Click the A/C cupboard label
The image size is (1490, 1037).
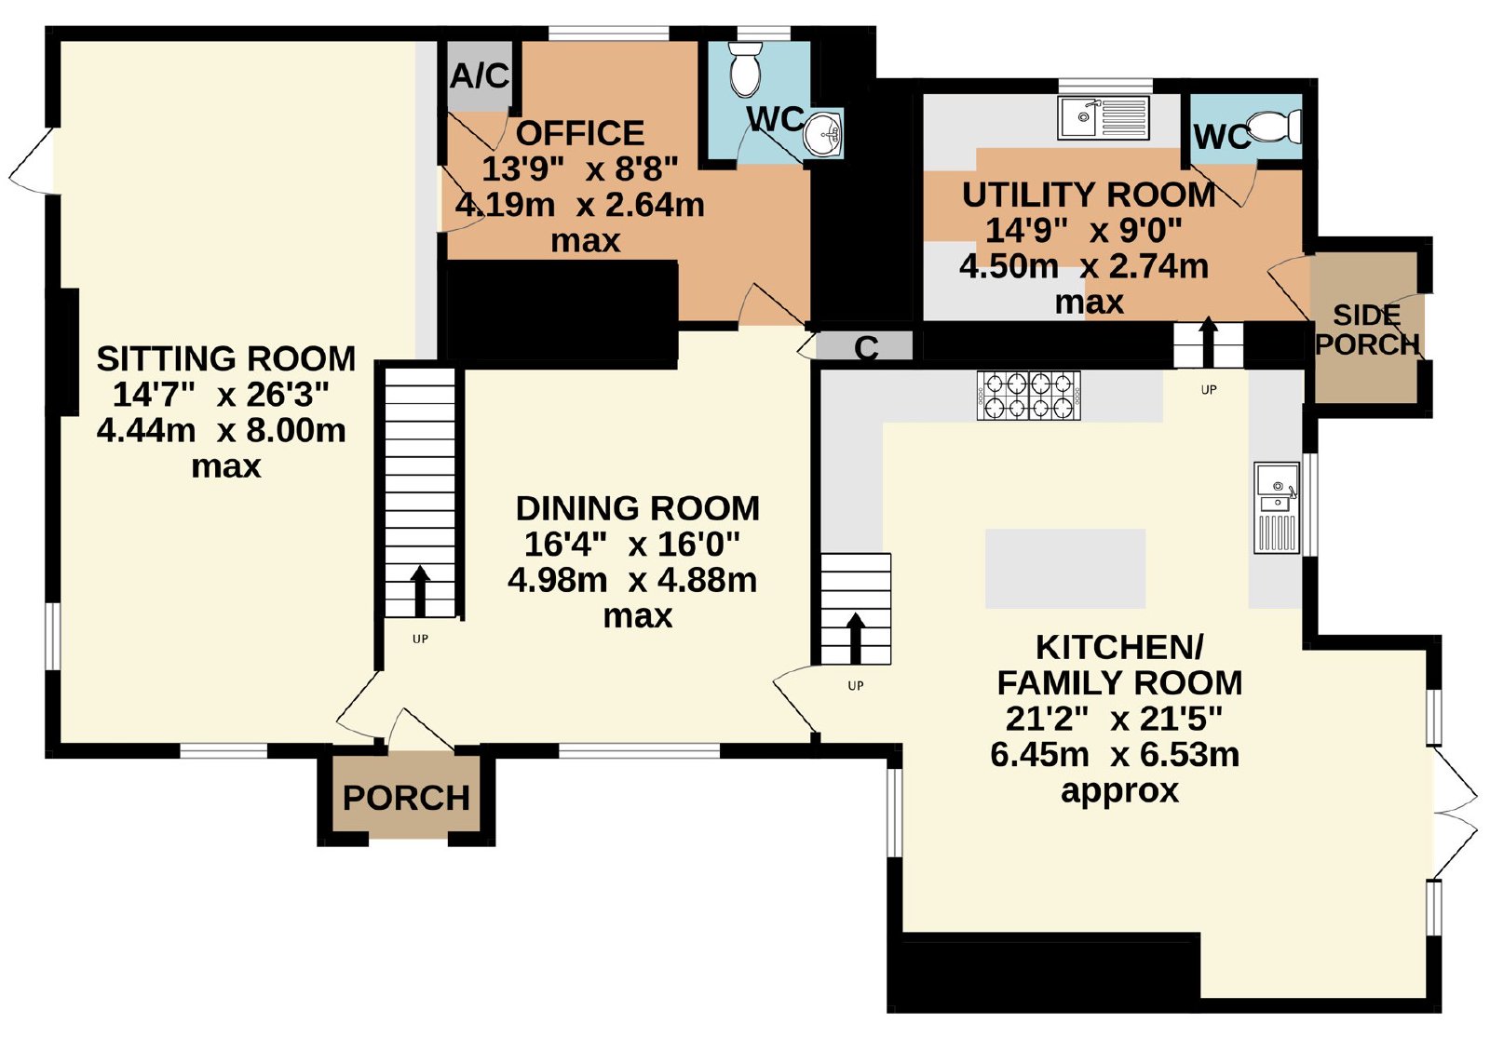tap(480, 76)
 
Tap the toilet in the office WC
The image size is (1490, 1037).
tap(745, 69)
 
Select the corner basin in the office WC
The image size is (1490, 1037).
tap(823, 132)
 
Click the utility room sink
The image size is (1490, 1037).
tap(1104, 118)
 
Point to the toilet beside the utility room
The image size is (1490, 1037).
tap(1274, 126)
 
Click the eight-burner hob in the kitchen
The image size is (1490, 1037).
tap(1029, 396)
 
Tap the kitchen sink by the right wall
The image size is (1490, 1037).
tap(1277, 508)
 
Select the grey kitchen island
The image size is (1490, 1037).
tap(1065, 569)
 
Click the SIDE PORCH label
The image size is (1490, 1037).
tap(1368, 330)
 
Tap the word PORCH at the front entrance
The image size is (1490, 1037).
tap(406, 798)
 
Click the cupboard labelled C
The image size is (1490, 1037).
tap(866, 347)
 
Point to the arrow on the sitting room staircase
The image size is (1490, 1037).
tap(420, 591)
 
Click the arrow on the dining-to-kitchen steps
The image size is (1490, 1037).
tap(856, 639)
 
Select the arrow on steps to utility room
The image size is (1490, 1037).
tap(1208, 342)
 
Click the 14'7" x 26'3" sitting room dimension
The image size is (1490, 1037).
tap(221, 395)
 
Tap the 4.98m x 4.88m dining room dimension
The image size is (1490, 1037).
tap(632, 580)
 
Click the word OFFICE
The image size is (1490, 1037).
tap(580, 134)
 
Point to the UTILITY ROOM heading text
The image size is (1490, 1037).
tap(1089, 195)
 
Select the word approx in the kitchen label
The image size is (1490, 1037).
tap(1119, 792)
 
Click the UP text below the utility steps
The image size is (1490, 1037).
tap(1209, 390)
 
